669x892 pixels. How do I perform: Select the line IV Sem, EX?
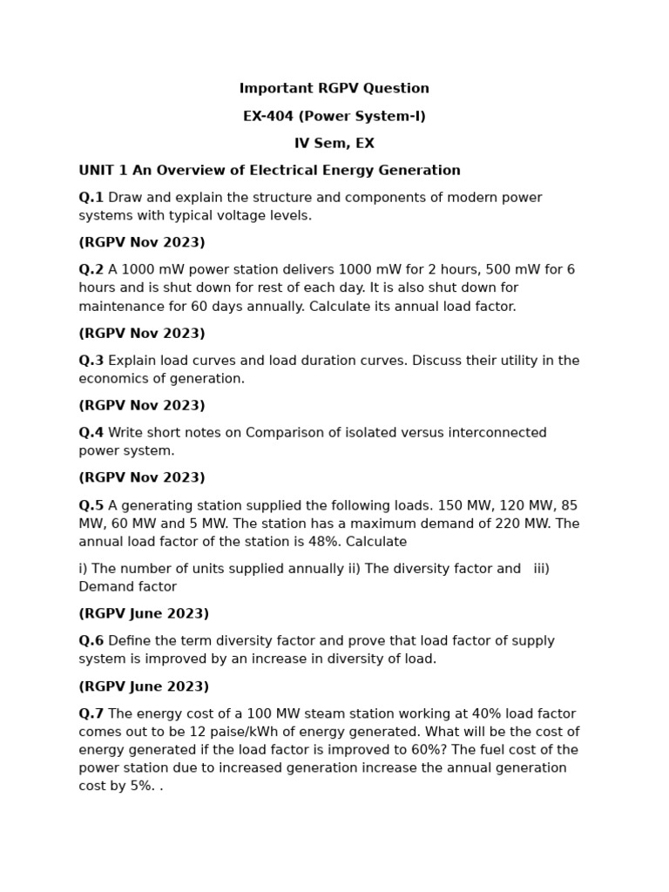tap(334, 144)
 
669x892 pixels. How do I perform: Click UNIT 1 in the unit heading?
tap(101, 171)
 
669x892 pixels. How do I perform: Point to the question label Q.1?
tap(91, 198)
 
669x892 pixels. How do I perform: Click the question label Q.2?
tap(91, 270)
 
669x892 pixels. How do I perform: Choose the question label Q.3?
tap(91, 361)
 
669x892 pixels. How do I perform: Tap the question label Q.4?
tap(91, 433)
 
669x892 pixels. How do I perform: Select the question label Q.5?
tap(91, 506)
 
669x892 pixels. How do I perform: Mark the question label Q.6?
tap(91, 641)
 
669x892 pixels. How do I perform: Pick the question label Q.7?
tap(91, 714)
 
